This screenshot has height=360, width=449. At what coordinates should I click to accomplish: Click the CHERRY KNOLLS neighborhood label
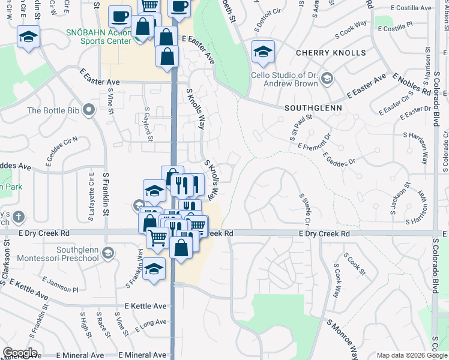tap(330, 53)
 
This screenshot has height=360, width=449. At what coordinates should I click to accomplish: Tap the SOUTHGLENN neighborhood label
tap(313, 108)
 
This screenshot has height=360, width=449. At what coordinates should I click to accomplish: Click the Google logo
tap(20, 353)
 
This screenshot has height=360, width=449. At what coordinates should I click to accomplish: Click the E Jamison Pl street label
tap(62, 285)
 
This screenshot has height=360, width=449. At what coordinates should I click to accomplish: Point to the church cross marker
tap(18, 217)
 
